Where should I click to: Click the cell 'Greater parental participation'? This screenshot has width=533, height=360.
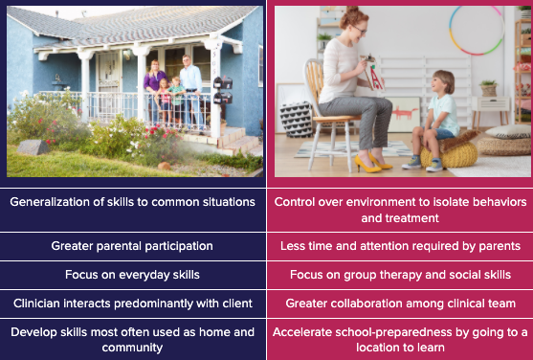132,246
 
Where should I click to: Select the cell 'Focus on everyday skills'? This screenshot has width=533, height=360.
132,275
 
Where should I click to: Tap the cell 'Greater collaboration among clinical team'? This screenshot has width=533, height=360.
400,304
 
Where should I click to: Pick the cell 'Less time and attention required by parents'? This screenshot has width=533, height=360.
400,246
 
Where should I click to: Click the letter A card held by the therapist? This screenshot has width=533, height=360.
374,76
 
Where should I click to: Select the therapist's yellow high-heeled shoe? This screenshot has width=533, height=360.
367,165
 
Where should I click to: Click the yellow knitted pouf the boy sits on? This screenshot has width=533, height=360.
449,155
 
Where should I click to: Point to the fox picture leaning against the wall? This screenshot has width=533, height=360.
404,115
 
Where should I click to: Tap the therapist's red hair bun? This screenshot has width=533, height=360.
352,11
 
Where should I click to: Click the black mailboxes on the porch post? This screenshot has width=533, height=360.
223,90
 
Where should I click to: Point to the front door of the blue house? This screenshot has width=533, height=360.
109,84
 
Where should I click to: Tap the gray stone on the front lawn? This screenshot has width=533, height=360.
33,147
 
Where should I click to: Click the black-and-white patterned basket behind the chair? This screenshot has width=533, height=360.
297,120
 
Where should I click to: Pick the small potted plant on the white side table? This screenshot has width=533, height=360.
489,88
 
